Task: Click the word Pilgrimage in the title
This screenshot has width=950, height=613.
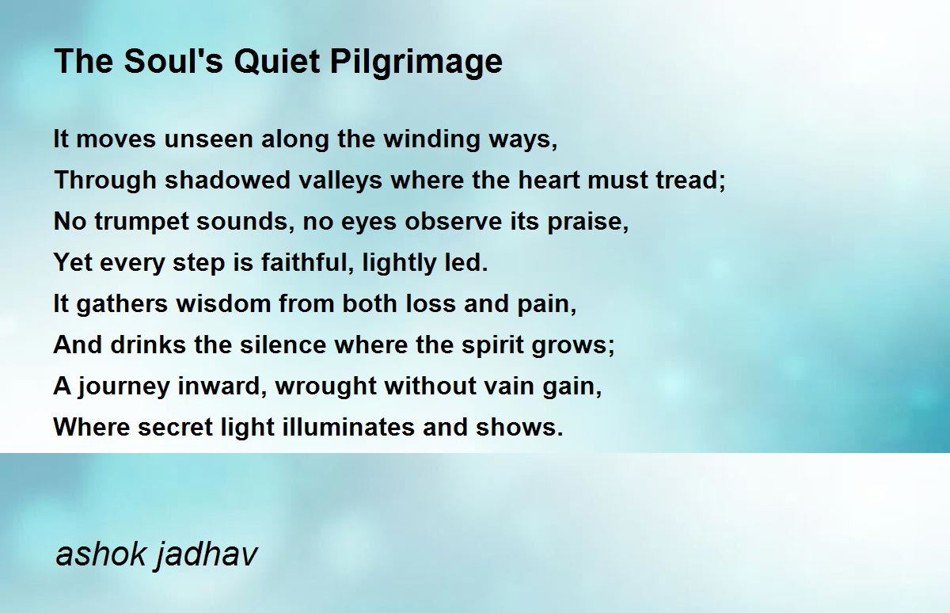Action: tap(416, 63)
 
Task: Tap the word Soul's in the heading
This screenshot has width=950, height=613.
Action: tap(174, 61)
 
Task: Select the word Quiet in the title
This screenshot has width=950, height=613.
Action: tap(276, 62)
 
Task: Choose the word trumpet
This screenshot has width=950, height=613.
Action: tap(142, 222)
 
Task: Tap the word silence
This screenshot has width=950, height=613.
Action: tap(283, 345)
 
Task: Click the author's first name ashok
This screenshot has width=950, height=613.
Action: tap(101, 554)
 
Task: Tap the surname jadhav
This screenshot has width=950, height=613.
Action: tap(207, 555)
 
